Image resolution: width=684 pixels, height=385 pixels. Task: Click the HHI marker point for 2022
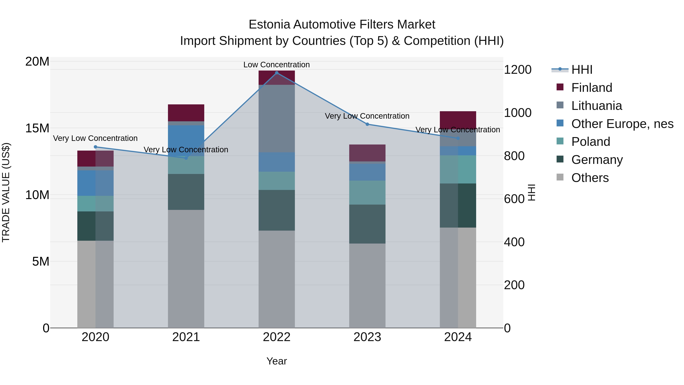[x=277, y=73]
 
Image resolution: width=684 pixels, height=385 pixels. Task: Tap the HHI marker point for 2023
[x=367, y=124]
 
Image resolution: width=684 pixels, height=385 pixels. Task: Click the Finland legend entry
[x=592, y=88]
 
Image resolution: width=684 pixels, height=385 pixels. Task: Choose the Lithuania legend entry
[x=596, y=106]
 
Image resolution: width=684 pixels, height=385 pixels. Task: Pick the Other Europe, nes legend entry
[x=622, y=124]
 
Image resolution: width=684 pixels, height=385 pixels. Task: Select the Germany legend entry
[x=597, y=160]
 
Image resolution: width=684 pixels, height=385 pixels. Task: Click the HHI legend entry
[x=582, y=70]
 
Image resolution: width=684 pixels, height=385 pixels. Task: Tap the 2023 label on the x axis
[x=367, y=337]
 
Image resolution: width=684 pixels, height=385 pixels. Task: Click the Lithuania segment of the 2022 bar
[x=277, y=118]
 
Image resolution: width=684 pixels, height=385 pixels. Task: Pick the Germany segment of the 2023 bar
[x=367, y=224]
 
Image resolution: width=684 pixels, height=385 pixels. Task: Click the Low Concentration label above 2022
[x=276, y=65]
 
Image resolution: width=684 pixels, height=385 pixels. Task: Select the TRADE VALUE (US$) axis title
[x=6, y=192]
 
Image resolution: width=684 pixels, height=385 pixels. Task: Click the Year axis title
[x=276, y=361]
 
